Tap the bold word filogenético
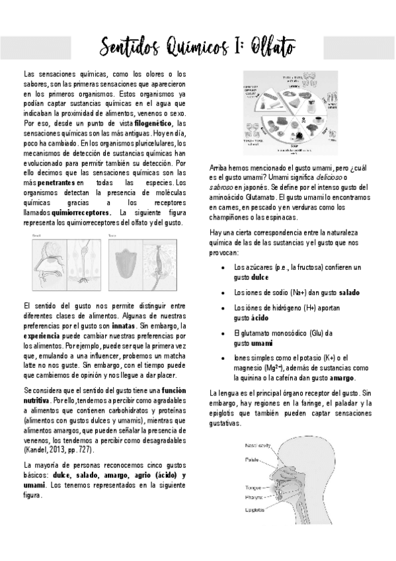155,124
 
